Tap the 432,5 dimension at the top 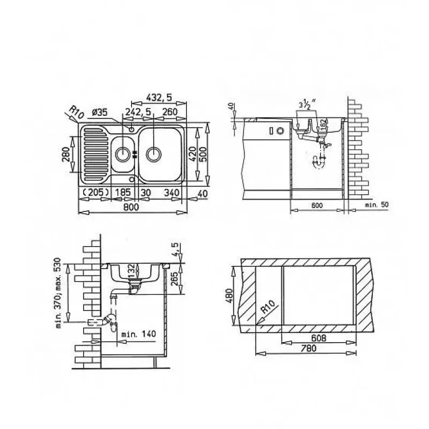point(159,98)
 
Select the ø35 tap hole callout point(100,112)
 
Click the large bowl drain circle point(154,154)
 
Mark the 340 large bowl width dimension point(171,192)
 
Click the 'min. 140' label point(138,334)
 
